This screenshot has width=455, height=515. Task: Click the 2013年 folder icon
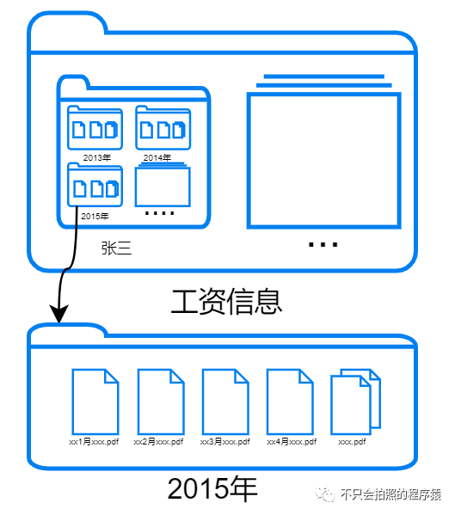point(95,128)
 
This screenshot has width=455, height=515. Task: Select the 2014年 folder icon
point(163,128)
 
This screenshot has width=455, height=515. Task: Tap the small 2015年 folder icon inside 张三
point(95,185)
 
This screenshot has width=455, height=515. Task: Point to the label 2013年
point(97,158)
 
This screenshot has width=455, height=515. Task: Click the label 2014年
point(157,158)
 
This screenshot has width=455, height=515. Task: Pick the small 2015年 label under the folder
point(95,217)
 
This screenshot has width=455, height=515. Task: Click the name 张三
point(116,248)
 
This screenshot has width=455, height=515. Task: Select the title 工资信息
point(227,302)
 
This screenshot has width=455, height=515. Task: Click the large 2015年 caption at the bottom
point(212,488)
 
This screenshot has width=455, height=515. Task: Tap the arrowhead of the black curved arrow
point(58,314)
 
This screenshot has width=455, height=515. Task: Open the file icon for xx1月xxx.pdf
point(95,402)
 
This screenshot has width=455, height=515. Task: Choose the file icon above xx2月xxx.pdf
point(161,402)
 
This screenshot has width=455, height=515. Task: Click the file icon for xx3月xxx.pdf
point(225,402)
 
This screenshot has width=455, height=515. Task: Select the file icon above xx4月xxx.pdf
point(290,402)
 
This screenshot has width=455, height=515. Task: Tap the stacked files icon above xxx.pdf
point(355,402)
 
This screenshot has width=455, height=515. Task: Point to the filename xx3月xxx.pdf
point(225,442)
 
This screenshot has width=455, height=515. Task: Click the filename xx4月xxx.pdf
point(292,442)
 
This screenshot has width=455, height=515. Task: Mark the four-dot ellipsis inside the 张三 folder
point(160,213)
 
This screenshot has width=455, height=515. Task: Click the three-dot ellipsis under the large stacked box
point(323,244)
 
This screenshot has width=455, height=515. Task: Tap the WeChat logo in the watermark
point(324,494)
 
